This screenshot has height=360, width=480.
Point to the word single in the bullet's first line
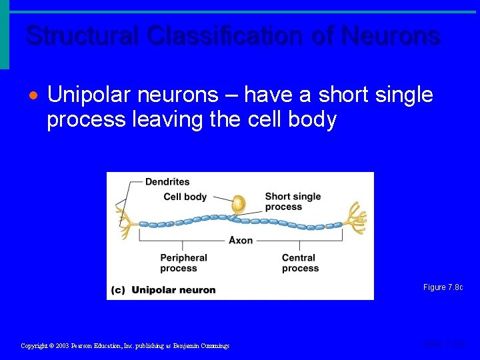click(400, 96)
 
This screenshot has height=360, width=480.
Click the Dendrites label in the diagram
click(167, 181)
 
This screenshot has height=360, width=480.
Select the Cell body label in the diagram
click(185, 197)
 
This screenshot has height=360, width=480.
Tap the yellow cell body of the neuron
click(238, 205)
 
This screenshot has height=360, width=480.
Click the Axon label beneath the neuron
click(241, 240)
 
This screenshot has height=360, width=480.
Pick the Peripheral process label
click(183, 263)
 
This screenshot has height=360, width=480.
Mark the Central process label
click(300, 263)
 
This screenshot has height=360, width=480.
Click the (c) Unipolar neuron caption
click(163, 289)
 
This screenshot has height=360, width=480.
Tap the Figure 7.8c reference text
click(443, 287)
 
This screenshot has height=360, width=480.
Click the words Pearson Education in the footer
click(102, 346)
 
